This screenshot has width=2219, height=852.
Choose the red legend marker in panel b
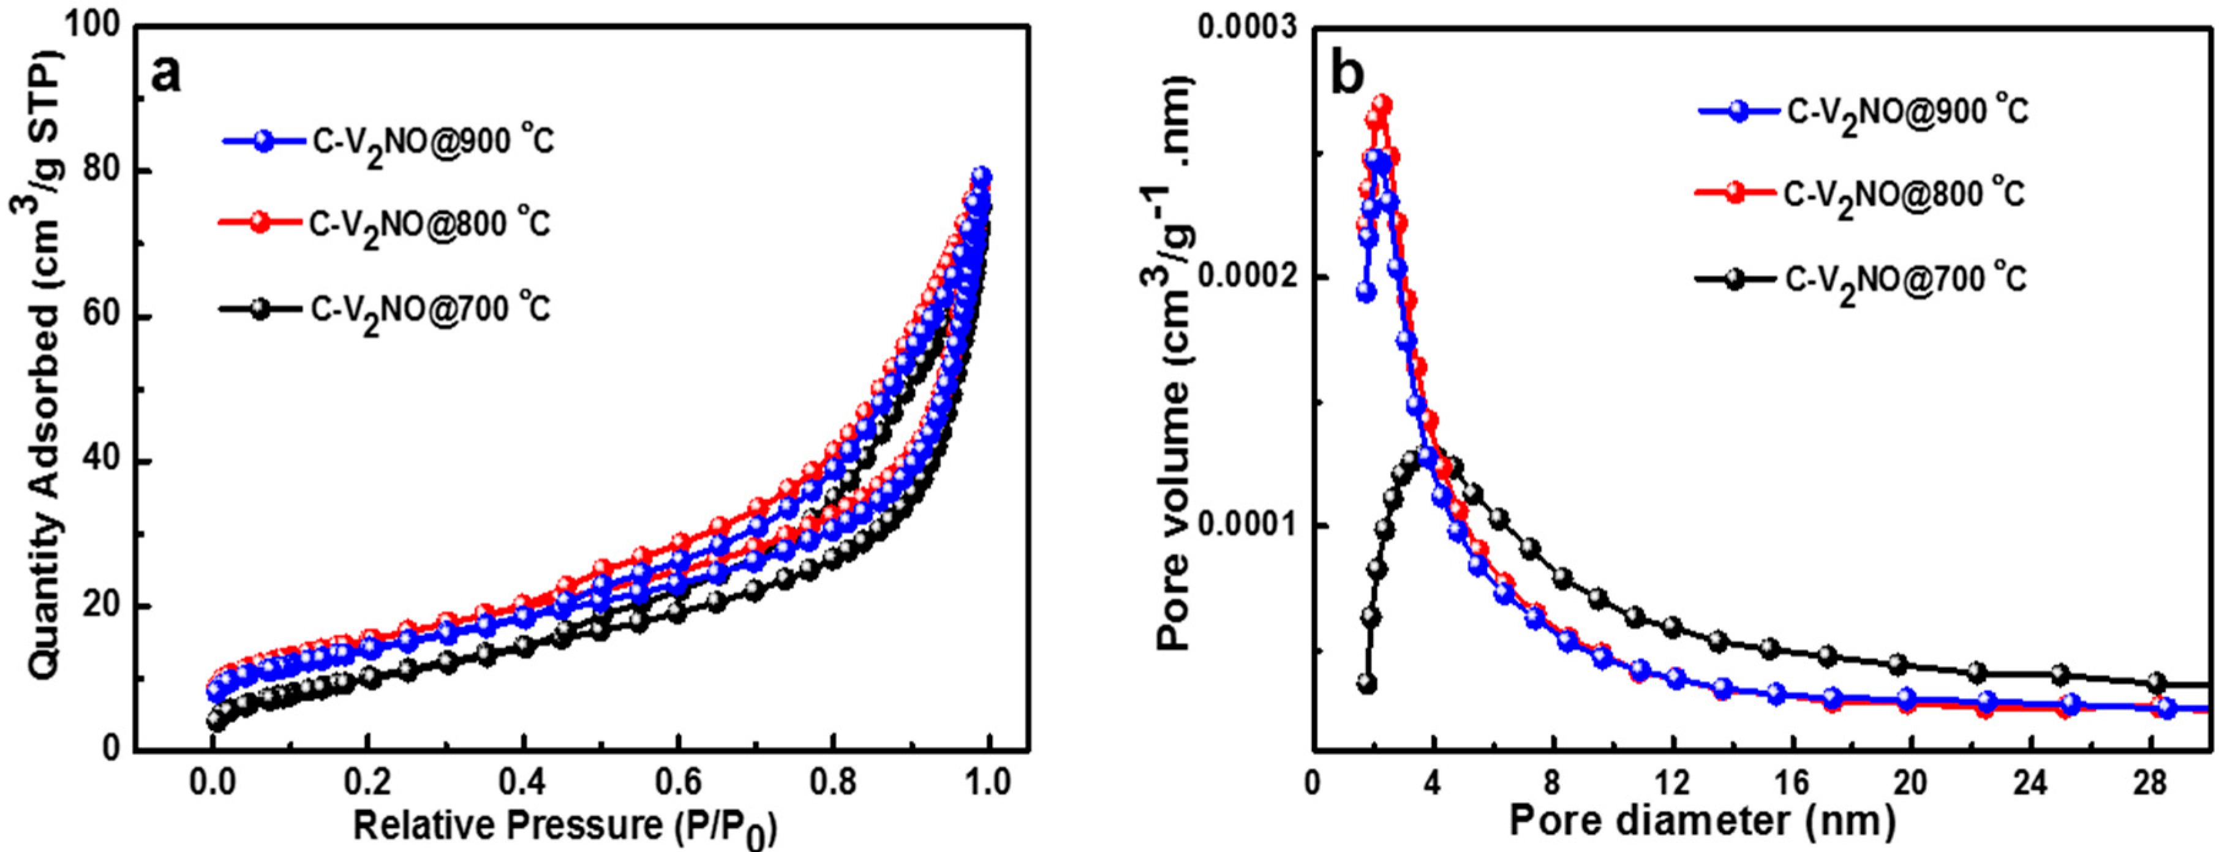tap(1736, 193)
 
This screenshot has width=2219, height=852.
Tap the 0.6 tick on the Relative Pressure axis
tap(678, 782)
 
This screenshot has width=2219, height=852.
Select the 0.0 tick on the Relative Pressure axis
tap(213, 782)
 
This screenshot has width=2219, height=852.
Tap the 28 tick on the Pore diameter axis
tap(2150, 782)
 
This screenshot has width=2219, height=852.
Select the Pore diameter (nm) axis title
tap(1702, 820)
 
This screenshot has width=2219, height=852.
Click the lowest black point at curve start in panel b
tap(1367, 683)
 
